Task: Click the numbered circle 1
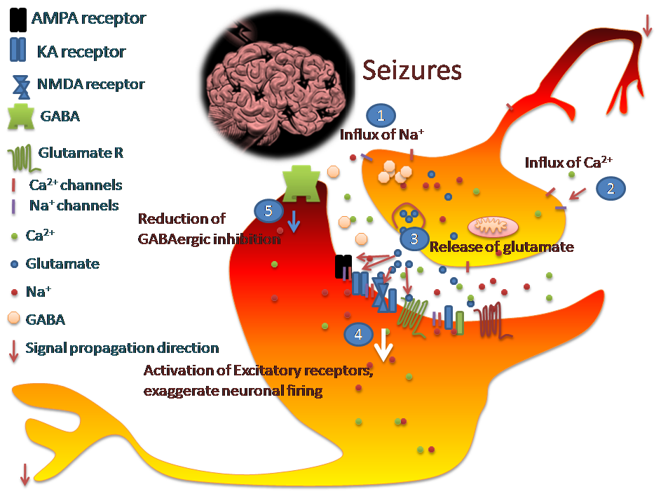381,114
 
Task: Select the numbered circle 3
414,239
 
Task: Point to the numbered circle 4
358,334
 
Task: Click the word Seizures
412,71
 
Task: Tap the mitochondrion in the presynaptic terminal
492,226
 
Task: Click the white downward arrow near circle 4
383,344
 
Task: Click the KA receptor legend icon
18,51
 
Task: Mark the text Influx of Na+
383,134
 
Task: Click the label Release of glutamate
501,247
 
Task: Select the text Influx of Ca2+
568,162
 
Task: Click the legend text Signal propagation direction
122,348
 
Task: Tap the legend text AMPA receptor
88,18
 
